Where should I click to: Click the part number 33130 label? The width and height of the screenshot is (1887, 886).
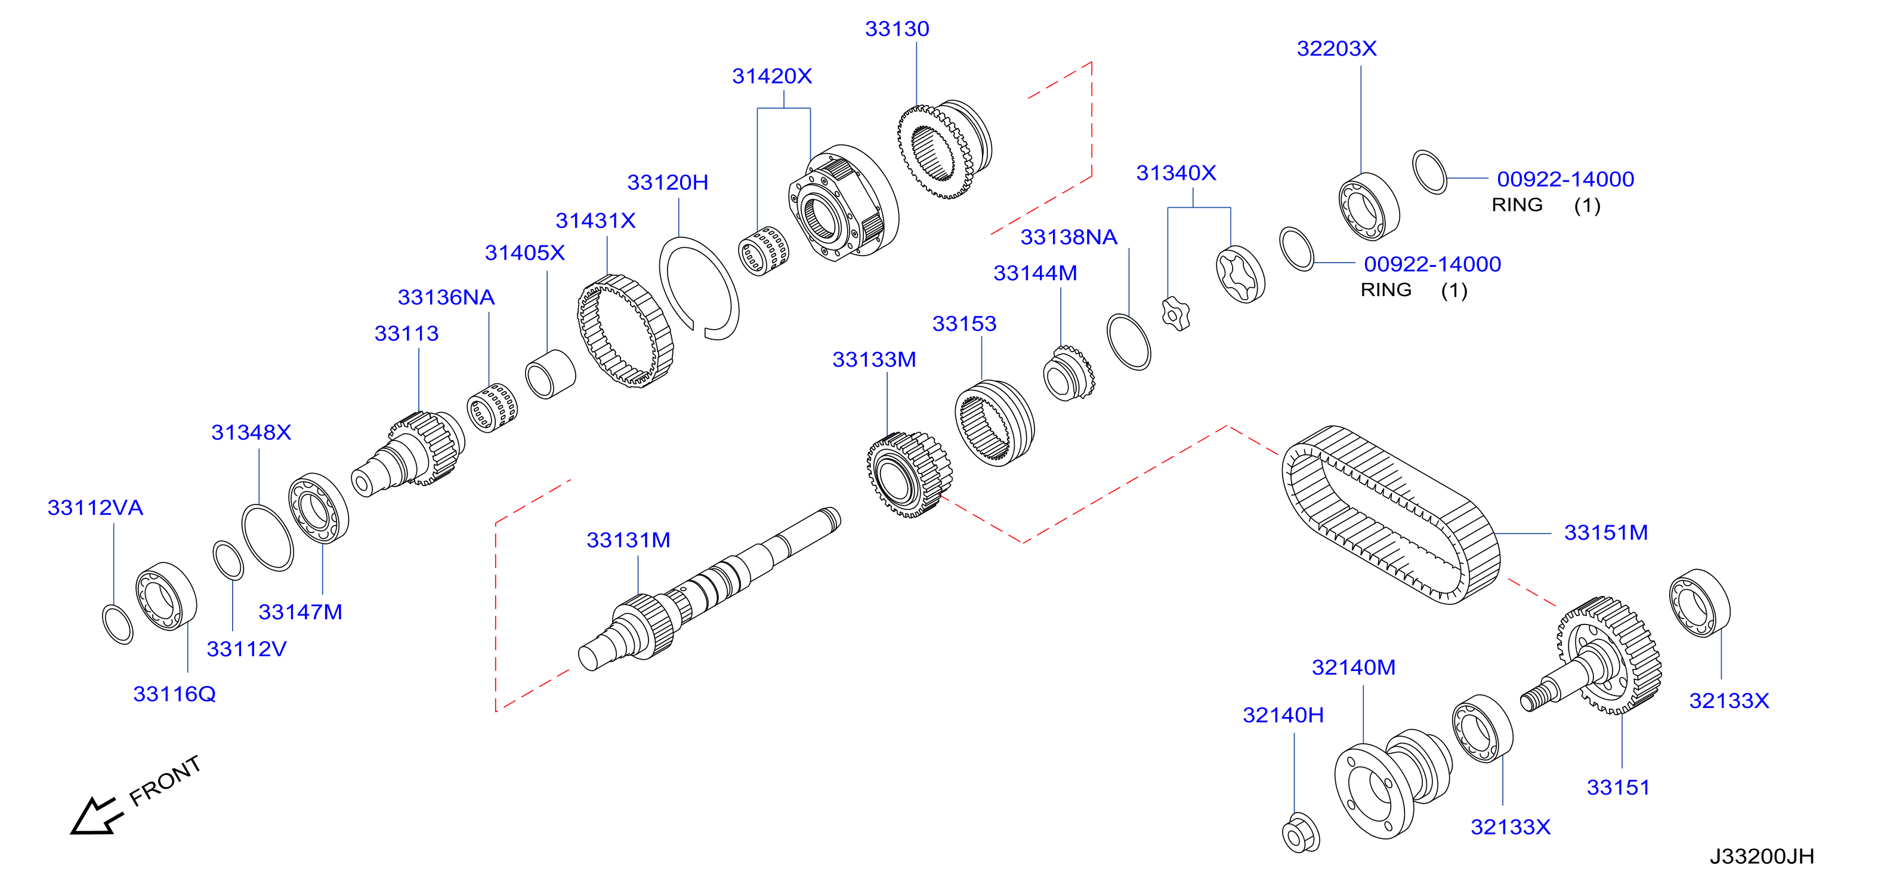pyautogui.click(x=897, y=29)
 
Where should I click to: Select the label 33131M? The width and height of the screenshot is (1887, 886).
pyautogui.click(x=629, y=540)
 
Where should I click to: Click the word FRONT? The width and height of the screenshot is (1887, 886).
pyautogui.click(x=165, y=780)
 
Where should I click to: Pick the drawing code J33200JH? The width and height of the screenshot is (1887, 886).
pyautogui.click(x=1762, y=856)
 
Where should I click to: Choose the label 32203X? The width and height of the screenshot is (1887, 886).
pyautogui.click(x=1336, y=48)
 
